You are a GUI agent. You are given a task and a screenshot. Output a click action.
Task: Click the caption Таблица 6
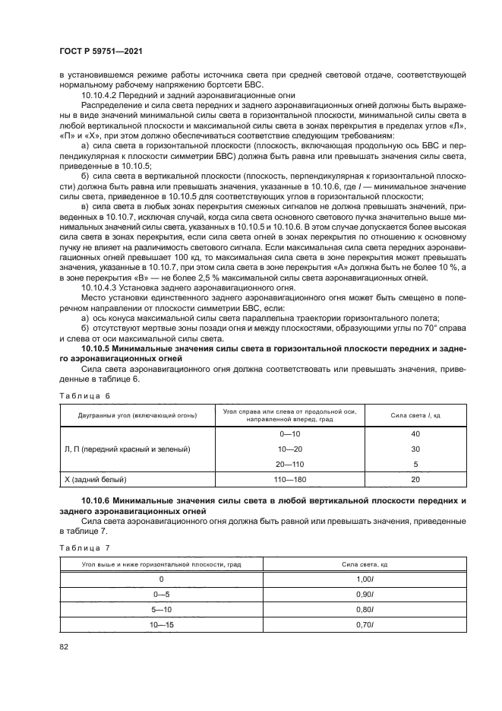click(x=84, y=395)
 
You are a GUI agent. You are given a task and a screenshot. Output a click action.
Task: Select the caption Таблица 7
click(x=84, y=547)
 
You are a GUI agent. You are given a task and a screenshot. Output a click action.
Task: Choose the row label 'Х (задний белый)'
click(x=96, y=480)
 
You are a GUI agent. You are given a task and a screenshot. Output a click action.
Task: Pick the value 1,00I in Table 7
click(x=365, y=579)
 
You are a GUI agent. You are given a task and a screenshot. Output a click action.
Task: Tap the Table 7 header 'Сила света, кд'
click(x=365, y=563)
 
